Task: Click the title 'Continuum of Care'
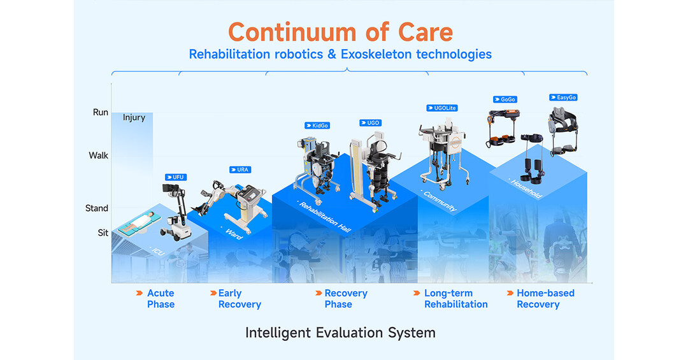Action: coord(340,31)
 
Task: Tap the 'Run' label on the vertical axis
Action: coord(101,112)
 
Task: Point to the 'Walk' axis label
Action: coord(99,155)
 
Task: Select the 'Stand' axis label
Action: coord(97,208)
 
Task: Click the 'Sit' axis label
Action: coord(103,233)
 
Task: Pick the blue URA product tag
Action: coord(240,169)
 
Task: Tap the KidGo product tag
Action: coord(317,126)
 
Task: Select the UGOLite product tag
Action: coord(442,108)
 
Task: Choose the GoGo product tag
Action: coord(505,99)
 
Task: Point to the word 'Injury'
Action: coord(134,117)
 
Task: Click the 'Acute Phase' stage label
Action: coord(161,299)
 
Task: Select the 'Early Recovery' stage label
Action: coord(239,299)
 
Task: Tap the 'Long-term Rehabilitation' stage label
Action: coord(455,299)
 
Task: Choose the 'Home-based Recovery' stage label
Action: coord(545,299)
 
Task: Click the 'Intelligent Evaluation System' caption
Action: coord(340,333)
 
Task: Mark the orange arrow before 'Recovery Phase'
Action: coord(318,293)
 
